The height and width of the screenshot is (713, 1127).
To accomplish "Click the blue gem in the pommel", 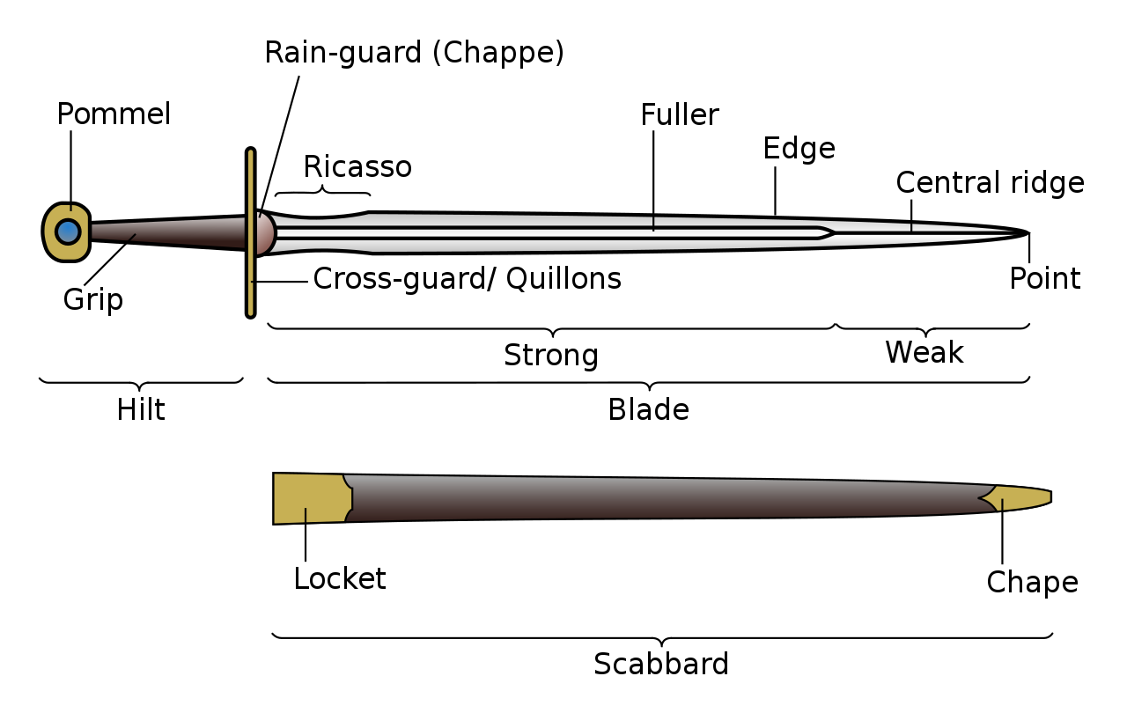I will [68, 232].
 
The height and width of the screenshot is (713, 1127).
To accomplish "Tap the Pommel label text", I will [114, 114].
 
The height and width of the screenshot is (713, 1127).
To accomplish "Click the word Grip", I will [92, 300].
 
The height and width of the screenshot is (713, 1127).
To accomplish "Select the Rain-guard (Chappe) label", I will [414, 53].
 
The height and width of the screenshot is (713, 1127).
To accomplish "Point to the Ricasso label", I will [357, 166].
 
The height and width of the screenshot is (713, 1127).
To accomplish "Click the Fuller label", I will [679, 115].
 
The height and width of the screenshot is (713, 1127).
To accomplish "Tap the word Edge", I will [799, 148].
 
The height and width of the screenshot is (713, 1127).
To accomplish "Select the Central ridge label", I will [990, 183].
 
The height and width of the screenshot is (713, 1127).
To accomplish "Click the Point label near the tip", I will [1044, 279].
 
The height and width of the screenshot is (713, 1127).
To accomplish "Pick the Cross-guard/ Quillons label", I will [467, 279].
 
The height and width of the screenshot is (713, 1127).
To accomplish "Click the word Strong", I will [551, 356].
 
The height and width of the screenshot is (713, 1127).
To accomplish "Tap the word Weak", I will [924, 353].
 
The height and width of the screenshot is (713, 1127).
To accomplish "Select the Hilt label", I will [141, 410].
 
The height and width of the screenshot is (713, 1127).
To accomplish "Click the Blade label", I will [648, 410].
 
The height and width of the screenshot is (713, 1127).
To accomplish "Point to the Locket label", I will [340, 579].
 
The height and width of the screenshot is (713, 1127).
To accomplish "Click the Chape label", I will [1032, 583].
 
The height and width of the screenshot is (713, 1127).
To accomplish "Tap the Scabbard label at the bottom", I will [661, 664].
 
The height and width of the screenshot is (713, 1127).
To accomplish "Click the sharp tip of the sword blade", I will [1027, 232].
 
